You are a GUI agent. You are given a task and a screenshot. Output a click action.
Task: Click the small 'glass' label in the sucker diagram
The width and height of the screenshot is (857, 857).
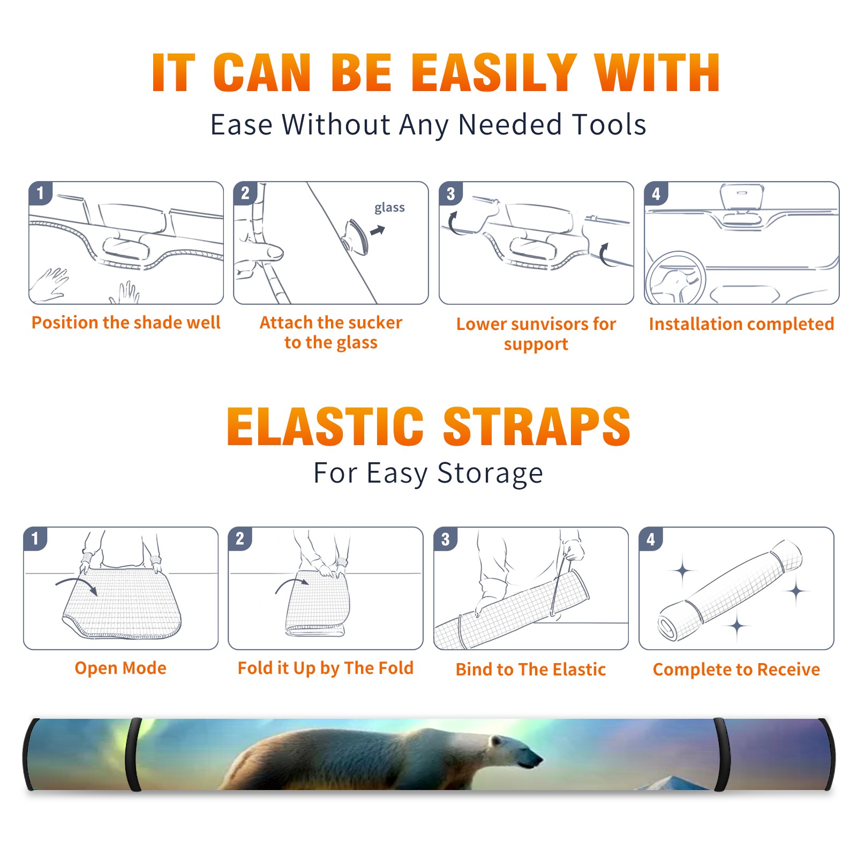point(389,208)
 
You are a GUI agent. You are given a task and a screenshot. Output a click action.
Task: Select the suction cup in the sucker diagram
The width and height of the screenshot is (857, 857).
point(356,236)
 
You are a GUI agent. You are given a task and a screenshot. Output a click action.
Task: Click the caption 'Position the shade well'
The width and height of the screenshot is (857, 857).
point(126,322)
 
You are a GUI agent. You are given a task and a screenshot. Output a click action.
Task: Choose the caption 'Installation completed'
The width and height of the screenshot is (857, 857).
point(741,324)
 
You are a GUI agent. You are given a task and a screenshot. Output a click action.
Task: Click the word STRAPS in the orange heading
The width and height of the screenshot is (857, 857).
point(537,426)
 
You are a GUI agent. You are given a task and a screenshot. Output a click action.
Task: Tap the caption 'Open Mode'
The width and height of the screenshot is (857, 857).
point(121,668)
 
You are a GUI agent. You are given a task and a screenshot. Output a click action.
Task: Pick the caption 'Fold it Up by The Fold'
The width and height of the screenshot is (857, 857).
point(326,668)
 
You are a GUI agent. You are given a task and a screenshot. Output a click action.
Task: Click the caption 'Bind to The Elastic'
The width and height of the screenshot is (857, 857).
point(531,669)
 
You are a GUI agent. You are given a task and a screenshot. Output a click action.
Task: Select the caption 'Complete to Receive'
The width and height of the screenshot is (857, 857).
point(736,669)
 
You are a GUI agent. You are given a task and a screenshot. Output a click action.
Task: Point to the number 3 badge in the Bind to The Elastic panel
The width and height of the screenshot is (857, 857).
point(446,539)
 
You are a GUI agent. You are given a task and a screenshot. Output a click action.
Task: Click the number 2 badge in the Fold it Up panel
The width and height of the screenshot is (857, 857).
point(240,538)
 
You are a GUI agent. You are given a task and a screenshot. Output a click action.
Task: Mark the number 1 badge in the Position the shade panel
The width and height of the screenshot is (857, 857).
point(40,193)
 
